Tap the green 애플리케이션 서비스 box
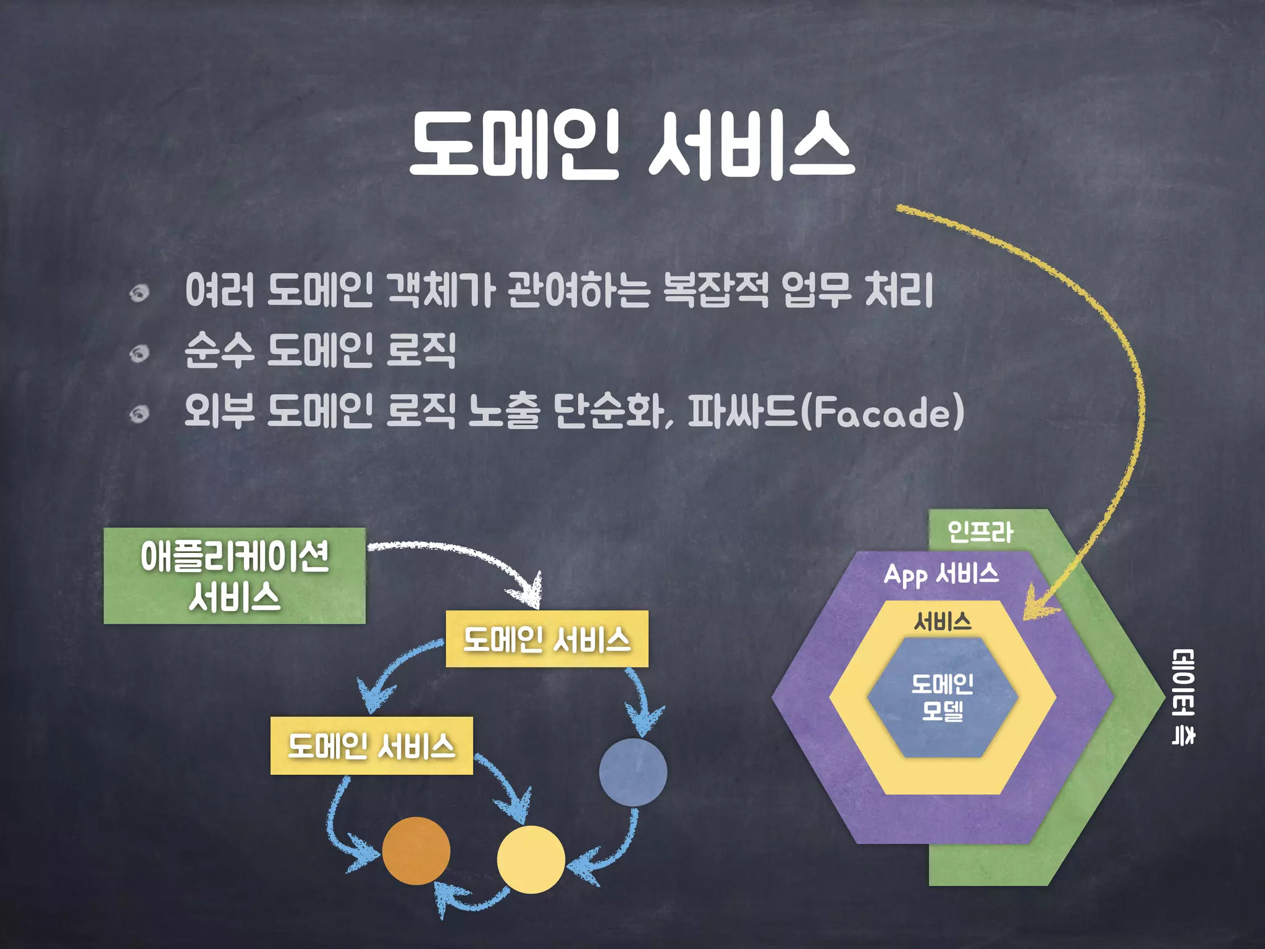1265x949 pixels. pyautogui.click(x=235, y=576)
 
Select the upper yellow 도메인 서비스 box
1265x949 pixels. pyautogui.click(x=547, y=639)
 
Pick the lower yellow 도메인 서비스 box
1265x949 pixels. pyautogui.click(x=371, y=746)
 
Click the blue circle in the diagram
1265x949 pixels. pyautogui.click(x=633, y=772)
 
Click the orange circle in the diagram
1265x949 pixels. pyautogui.click(x=416, y=851)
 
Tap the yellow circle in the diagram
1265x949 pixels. pyautogui.click(x=531, y=859)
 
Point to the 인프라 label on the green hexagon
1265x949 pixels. pyautogui.click(x=980, y=532)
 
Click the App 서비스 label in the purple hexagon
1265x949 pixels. pyautogui.click(x=941, y=574)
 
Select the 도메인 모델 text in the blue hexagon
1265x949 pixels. pyautogui.click(x=943, y=698)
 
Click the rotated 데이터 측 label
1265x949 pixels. pyautogui.click(x=1182, y=697)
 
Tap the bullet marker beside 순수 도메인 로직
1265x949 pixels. pyautogui.click(x=140, y=353)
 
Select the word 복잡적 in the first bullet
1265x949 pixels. pyautogui.click(x=715, y=290)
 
